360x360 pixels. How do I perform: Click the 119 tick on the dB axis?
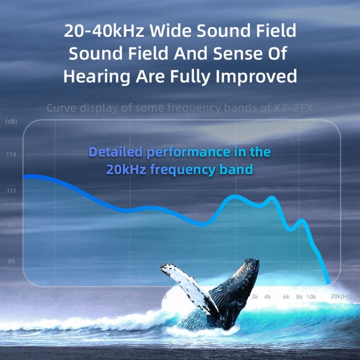pyautogui.click(x=11, y=155)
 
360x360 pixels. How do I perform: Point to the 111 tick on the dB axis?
pyautogui.click(x=11, y=191)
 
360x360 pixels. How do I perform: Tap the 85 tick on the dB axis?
pyautogui.click(x=11, y=262)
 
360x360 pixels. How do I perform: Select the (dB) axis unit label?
pyautogui.click(x=11, y=122)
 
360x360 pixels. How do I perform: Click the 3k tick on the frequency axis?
pyautogui.click(x=254, y=297)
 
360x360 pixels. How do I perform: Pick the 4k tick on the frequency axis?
pyautogui.click(x=267, y=297)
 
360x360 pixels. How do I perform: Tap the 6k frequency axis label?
pyautogui.click(x=286, y=297)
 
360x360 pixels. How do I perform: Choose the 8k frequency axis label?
pyautogui.click(x=300, y=297)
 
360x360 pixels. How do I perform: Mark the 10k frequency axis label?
pyautogui.click(x=311, y=297)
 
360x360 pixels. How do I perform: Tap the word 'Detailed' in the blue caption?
pyautogui.click(x=116, y=152)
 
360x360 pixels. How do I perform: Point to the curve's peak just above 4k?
pyautogui.click(x=272, y=197)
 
